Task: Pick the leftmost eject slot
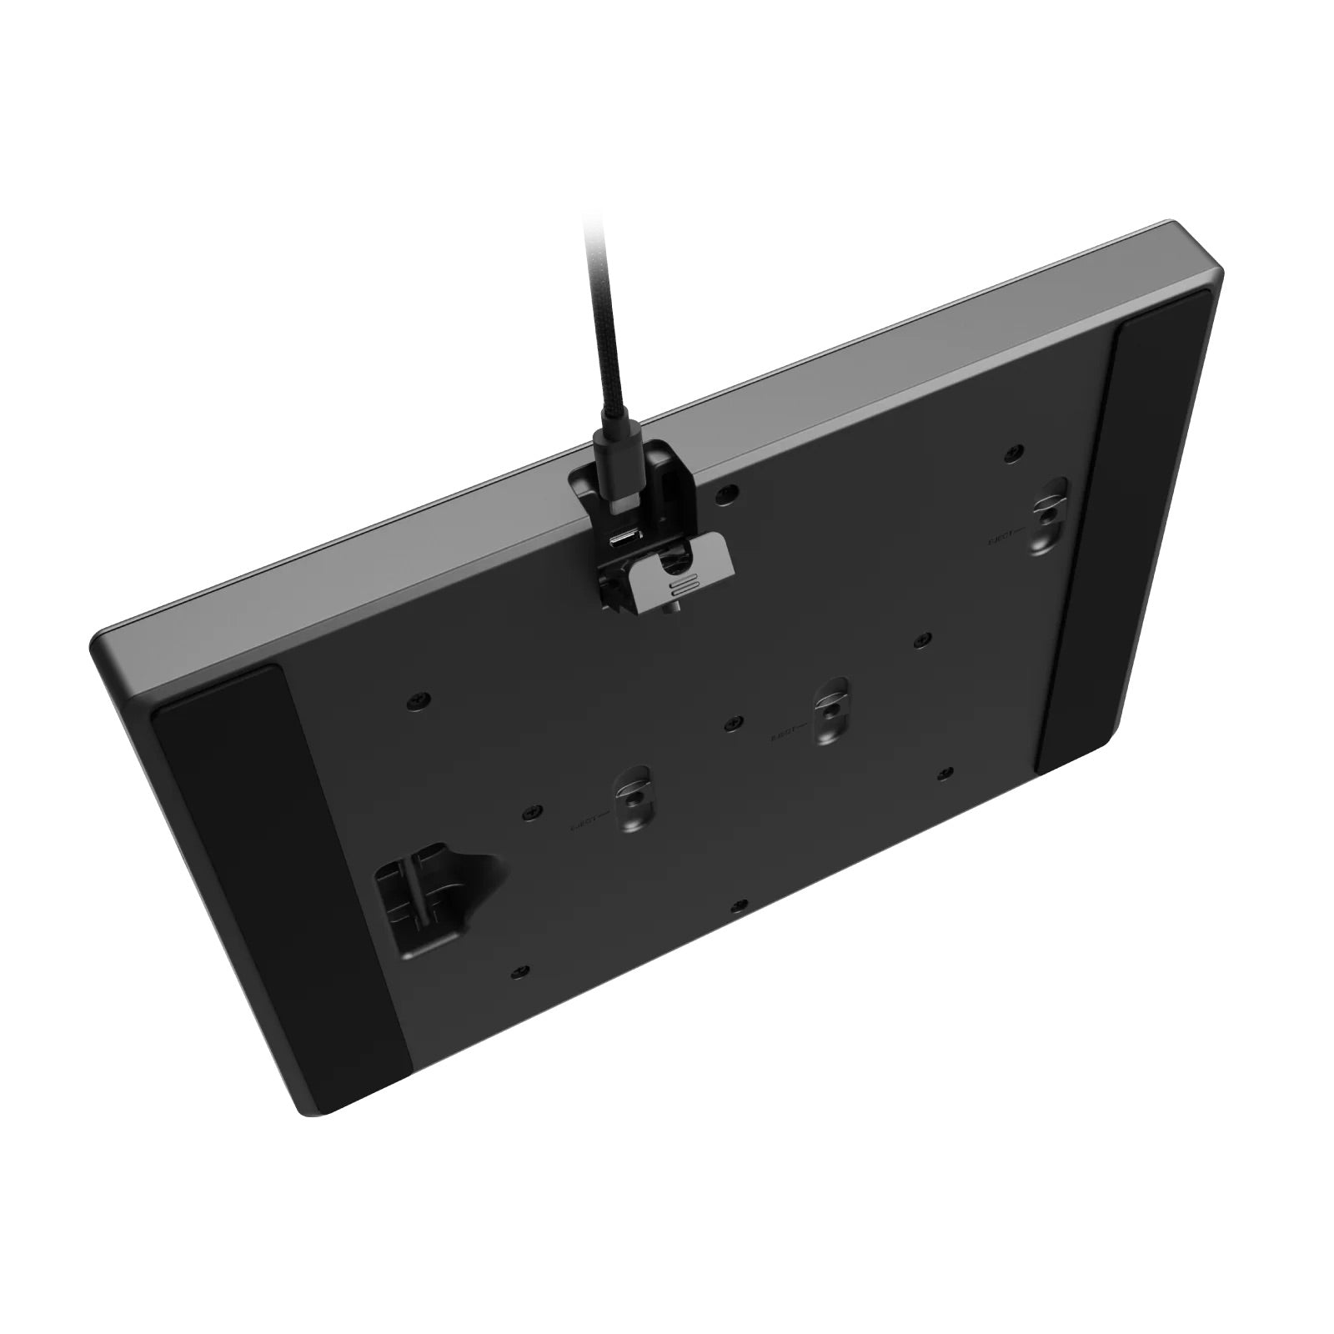pos(634,800)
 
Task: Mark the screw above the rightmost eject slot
pos(1013,451)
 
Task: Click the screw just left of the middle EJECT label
pos(731,721)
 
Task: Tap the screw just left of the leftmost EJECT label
pos(527,810)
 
